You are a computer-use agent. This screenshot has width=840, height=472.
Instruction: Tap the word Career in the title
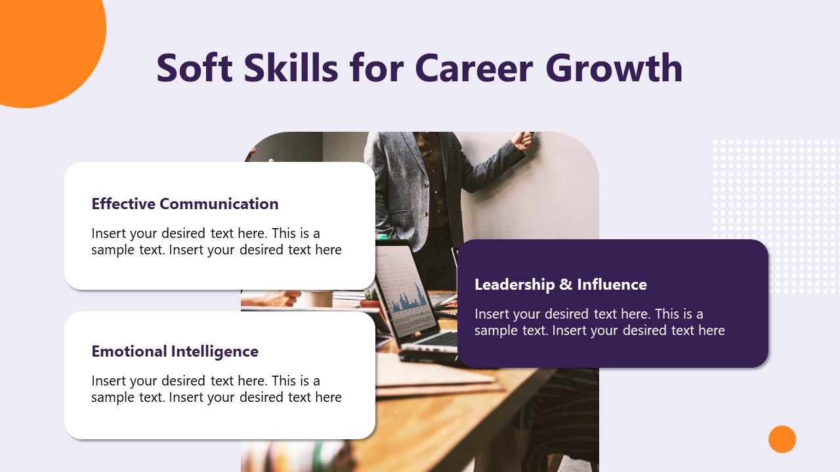tap(475, 68)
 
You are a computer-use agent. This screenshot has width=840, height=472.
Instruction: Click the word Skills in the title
tap(291, 68)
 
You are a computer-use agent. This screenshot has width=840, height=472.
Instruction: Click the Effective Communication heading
tap(185, 204)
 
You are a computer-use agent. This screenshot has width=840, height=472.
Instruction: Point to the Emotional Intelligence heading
tap(175, 351)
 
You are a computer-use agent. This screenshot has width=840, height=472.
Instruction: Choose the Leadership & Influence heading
tap(560, 285)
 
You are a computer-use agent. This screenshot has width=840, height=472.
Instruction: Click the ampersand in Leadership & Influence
tap(566, 285)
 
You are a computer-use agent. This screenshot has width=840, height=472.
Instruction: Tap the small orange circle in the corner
tap(782, 439)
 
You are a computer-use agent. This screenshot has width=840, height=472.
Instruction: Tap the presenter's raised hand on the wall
tap(524, 140)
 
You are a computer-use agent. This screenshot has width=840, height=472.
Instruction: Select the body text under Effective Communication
tap(217, 241)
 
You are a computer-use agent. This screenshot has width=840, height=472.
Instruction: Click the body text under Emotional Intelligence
tap(217, 389)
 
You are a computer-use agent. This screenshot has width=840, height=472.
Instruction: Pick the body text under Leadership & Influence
tap(599, 322)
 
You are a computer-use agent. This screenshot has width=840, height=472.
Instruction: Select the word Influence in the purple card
tap(612, 285)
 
